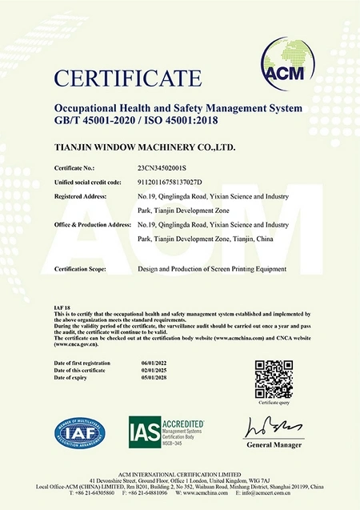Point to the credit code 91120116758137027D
(x=172, y=182)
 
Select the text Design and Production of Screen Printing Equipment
(x=211, y=269)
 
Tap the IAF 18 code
(x=62, y=307)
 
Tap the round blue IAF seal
(x=79, y=433)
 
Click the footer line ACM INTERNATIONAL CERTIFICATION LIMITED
(x=180, y=474)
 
